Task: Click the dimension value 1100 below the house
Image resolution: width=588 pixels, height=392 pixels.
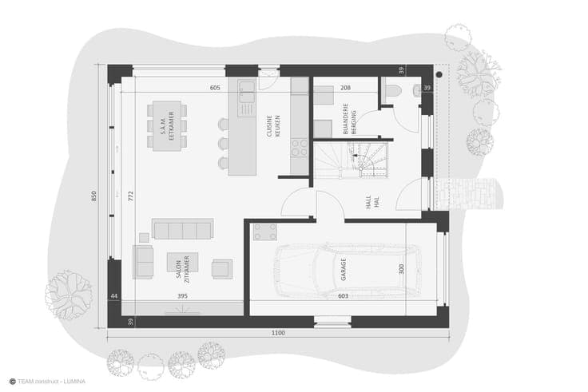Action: [x=278, y=333]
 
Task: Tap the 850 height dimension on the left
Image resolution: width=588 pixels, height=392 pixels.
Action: [x=93, y=196]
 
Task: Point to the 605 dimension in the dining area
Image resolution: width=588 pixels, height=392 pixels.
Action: [x=215, y=88]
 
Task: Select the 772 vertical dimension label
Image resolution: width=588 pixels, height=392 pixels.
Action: [x=130, y=196]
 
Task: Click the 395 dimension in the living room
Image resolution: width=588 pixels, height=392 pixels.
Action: [x=182, y=296]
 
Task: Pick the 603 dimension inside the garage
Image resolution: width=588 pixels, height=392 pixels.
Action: [x=343, y=296]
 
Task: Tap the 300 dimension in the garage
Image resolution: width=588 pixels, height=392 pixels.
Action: [x=402, y=269]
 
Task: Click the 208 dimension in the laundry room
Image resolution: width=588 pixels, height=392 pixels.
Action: [x=345, y=88]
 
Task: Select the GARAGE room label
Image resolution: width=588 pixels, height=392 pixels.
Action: [x=343, y=270]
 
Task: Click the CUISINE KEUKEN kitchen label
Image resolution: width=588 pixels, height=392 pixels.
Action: [x=273, y=126]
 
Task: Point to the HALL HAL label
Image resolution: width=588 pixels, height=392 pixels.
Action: [x=373, y=201]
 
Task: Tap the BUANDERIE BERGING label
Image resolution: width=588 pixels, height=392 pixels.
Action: [x=349, y=119]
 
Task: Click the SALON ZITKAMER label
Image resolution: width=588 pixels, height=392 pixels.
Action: [x=183, y=269]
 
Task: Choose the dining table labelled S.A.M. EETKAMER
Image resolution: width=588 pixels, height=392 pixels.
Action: [x=167, y=126]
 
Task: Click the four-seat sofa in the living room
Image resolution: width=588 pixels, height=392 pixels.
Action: [x=183, y=228]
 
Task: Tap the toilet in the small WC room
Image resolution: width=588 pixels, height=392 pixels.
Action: [x=392, y=90]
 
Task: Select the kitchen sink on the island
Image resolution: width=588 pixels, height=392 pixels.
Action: [x=247, y=91]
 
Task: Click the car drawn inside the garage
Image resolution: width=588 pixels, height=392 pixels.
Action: [x=348, y=271]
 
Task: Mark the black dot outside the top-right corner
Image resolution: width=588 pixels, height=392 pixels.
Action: [x=439, y=75]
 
